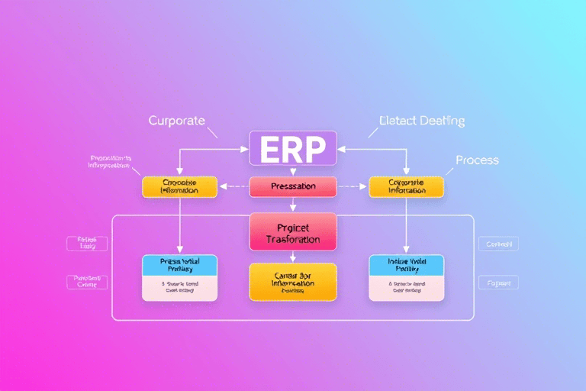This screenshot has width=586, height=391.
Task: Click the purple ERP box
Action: coord(293,147)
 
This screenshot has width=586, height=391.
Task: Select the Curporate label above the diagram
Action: coord(177,121)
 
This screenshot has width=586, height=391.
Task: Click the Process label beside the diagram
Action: coord(477,160)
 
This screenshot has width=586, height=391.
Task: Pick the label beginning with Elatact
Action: coord(421,121)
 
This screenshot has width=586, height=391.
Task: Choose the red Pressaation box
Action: coord(293,186)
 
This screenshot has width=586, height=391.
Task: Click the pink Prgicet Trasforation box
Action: coord(293,231)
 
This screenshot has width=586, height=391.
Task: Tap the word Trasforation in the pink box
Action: coord(293,239)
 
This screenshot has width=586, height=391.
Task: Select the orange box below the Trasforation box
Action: coord(293,282)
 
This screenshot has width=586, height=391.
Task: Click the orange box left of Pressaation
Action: coord(180,186)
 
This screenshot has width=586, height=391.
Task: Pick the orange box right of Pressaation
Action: coord(405,186)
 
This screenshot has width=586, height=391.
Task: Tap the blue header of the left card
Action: coord(180,265)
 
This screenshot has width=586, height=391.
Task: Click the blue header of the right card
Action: coord(405,265)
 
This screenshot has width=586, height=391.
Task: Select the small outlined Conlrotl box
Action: coord(498,244)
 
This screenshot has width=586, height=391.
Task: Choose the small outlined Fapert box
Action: coord(498,283)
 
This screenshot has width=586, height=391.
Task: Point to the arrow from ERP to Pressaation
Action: coord(293,170)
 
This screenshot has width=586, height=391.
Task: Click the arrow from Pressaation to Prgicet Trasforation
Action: coord(293,204)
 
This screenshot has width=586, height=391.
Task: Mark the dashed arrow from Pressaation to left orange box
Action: coord(233,186)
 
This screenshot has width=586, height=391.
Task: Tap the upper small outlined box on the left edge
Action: coord(87,244)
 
